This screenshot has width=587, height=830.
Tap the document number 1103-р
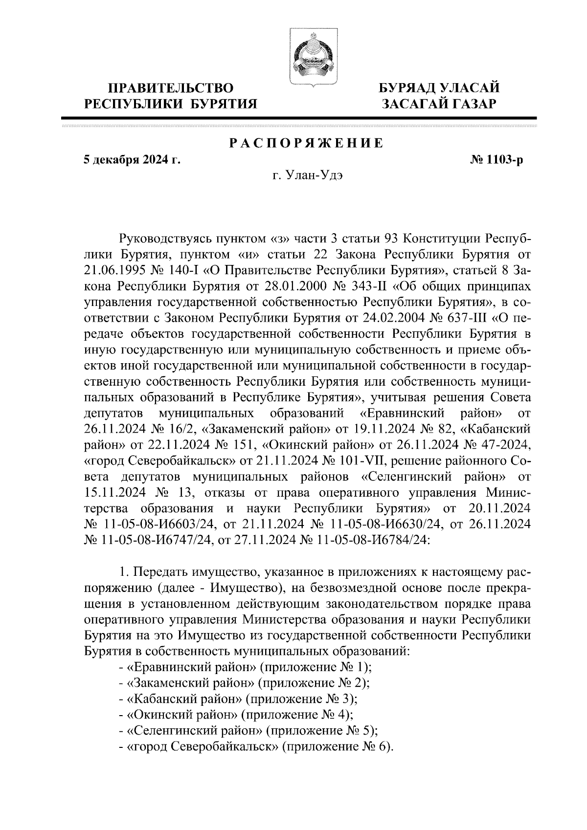coord(496,159)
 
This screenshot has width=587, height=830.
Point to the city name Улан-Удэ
coord(307,175)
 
